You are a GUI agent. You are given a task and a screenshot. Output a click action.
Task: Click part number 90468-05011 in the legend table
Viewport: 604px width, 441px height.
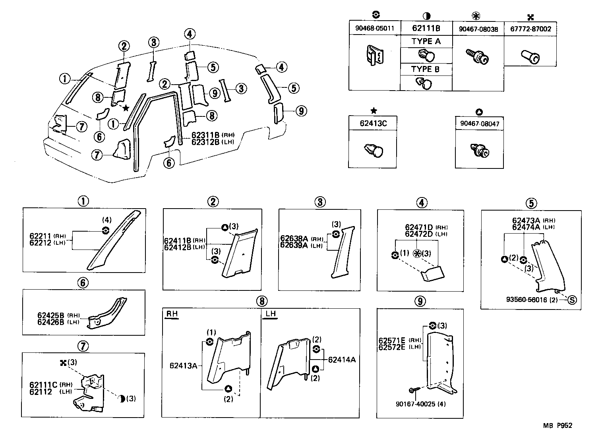pos(374,29)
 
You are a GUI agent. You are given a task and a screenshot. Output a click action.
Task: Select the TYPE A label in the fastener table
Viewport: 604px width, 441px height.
pos(426,41)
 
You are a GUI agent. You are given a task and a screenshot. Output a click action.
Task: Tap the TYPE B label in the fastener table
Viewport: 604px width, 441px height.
pos(426,69)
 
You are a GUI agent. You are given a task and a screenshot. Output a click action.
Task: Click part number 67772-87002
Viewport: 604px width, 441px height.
pos(530,29)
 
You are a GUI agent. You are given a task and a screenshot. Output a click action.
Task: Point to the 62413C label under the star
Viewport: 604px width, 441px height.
pos(373,123)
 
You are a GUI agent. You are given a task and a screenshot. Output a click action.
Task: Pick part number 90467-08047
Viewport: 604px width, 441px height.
pos(480,124)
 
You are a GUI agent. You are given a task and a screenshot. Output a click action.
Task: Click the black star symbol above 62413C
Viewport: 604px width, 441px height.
pos(373,111)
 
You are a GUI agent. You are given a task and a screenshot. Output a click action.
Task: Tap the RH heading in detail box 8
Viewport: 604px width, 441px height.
pos(172,314)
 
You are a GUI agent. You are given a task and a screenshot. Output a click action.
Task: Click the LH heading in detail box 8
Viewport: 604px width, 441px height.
pos(271,314)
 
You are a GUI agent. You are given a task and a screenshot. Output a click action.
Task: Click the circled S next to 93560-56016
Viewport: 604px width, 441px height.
pos(571,300)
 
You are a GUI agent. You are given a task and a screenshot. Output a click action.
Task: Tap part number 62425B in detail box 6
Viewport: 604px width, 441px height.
pos(51,315)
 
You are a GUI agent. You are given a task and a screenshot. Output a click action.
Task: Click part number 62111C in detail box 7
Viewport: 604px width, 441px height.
pos(43,385)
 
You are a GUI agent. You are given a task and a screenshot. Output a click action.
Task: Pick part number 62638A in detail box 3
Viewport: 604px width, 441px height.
pos(294,238)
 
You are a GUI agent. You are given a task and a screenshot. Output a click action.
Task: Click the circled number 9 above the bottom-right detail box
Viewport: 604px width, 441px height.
pos(420,301)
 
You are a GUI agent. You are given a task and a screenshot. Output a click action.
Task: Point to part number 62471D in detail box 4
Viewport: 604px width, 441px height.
pos(419,227)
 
